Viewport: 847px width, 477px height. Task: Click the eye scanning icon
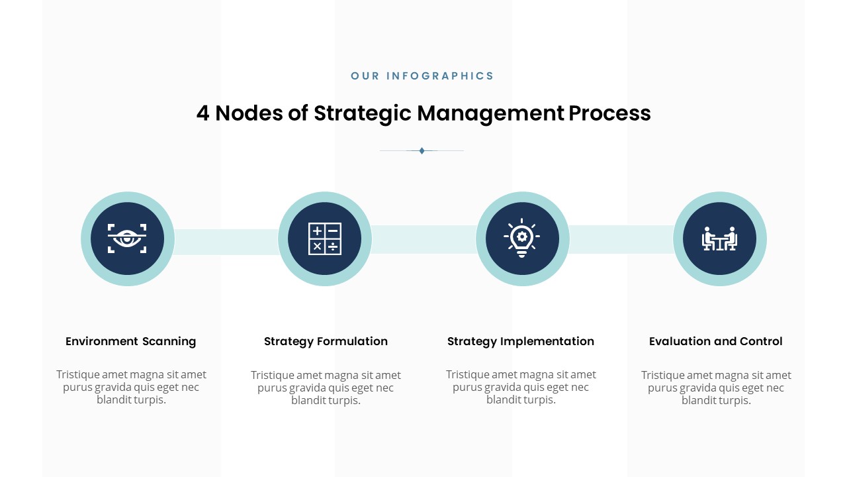click(127, 238)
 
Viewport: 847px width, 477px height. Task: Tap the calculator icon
click(325, 238)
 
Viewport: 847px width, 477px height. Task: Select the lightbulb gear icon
click(522, 238)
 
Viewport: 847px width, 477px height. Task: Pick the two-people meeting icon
click(719, 238)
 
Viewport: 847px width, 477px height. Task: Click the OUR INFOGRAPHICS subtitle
click(422, 76)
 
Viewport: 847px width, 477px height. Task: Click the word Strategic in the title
click(362, 113)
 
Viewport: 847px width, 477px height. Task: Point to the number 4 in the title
click(202, 113)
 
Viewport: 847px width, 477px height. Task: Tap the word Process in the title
click(609, 113)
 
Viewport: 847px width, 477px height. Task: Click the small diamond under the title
click(422, 150)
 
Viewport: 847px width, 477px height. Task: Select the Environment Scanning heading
click(131, 341)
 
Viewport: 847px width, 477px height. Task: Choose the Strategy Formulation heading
click(326, 342)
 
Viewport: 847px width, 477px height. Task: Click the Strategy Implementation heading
click(521, 342)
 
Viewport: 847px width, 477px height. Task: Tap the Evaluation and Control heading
click(716, 341)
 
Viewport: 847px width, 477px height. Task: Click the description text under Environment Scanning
click(131, 387)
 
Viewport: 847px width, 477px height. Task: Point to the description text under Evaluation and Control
click(716, 388)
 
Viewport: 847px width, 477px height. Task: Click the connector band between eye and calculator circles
click(226, 242)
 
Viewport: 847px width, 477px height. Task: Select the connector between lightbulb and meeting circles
click(621, 239)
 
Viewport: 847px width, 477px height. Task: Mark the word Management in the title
click(490, 113)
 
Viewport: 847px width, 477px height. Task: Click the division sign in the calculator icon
click(333, 247)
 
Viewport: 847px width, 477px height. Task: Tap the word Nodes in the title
click(249, 113)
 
